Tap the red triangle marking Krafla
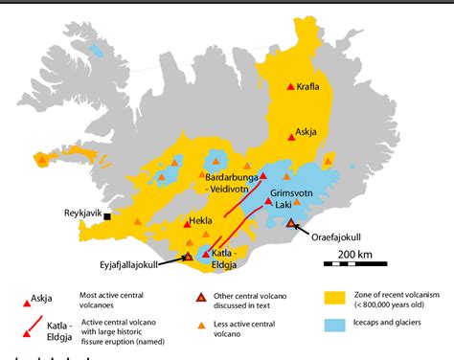point(292,87)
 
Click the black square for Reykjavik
point(107,217)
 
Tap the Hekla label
point(201,220)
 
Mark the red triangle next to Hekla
point(187,224)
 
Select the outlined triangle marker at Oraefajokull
point(292,223)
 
